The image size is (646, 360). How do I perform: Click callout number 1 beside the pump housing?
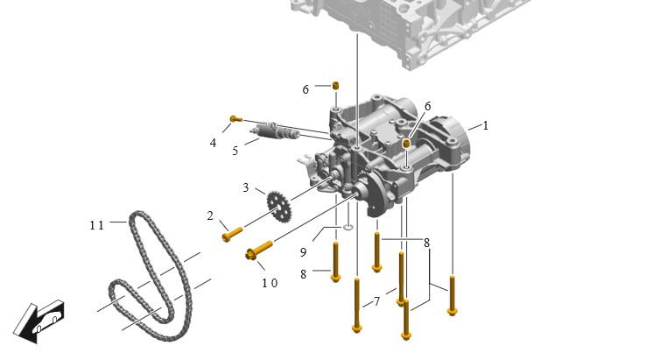tap(485, 125)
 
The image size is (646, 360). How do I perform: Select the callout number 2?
tap(210, 215)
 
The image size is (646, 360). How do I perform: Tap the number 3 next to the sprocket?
tap(246, 187)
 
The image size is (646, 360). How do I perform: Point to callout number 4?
tap(213, 143)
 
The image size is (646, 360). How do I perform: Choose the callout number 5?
tap(235, 151)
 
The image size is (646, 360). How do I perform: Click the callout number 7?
tap(376, 302)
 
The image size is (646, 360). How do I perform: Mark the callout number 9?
tap(303, 252)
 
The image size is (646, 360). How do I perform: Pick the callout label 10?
tap(270, 283)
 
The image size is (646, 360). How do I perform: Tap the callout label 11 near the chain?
tap(96, 225)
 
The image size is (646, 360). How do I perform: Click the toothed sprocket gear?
tap(279, 205)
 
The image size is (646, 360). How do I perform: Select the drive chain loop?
tap(151, 275)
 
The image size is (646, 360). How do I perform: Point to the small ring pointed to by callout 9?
tap(348, 227)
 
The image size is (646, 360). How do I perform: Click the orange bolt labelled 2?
tap(232, 234)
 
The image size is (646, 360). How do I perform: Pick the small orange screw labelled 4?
tap(235, 119)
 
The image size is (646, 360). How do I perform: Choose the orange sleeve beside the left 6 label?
tap(336, 85)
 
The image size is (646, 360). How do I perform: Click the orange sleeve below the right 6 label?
tap(406, 144)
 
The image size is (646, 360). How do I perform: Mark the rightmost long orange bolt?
tap(452, 296)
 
